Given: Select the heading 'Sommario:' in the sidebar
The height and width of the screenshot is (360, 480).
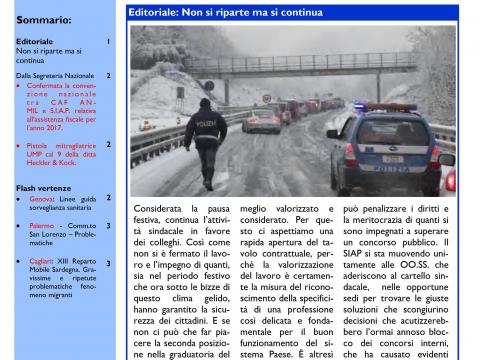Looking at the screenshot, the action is (x=43, y=19).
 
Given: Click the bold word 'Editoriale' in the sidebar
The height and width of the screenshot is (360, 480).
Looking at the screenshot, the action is (x=34, y=42).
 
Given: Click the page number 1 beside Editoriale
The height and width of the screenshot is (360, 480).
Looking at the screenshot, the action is (x=108, y=42).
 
